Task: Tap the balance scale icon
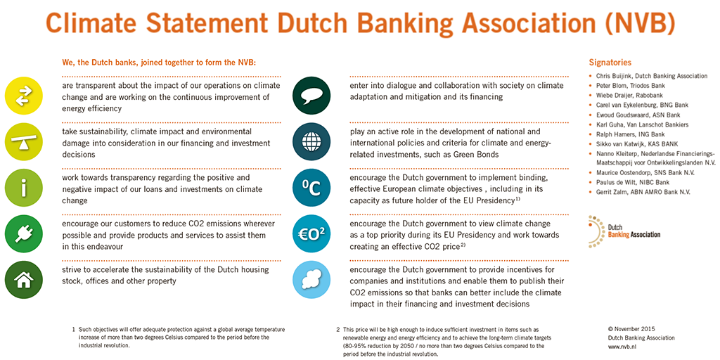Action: [x=24, y=141]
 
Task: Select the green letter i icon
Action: [x=24, y=188]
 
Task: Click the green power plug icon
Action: [x=24, y=233]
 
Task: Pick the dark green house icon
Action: [x=24, y=279]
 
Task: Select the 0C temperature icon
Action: [x=311, y=188]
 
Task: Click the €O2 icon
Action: [x=311, y=233]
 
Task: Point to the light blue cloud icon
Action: [x=311, y=279]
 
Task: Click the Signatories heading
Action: [x=610, y=63]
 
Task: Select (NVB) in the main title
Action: [x=636, y=23]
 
